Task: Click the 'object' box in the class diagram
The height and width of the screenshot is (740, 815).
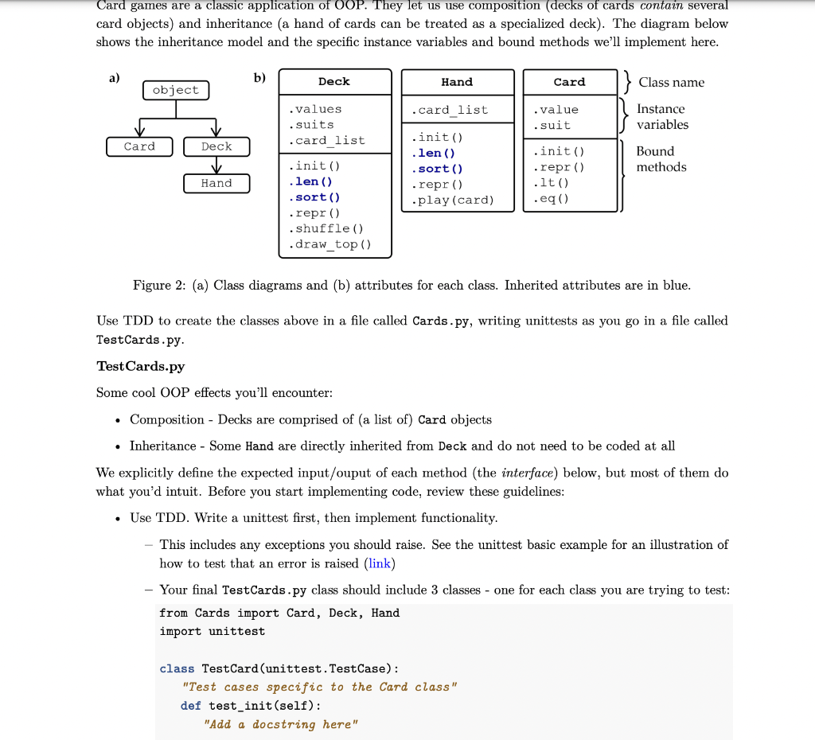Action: pos(176,90)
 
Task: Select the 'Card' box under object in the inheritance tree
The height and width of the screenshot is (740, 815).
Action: pos(139,146)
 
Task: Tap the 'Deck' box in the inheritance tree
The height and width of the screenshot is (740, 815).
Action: pos(216,146)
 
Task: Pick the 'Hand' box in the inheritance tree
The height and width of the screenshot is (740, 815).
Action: pos(216,183)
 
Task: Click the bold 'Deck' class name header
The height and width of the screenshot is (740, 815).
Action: pos(334,82)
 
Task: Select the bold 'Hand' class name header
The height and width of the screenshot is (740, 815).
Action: pos(457,82)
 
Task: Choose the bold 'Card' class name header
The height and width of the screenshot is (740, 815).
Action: pos(569,82)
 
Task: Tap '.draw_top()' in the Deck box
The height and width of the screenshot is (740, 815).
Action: pos(330,244)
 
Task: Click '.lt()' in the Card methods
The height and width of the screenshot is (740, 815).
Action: pos(552,183)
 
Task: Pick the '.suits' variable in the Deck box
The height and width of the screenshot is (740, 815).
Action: pos(311,125)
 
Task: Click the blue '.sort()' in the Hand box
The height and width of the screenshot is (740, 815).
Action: pos(437,169)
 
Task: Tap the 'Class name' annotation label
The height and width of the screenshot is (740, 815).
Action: pos(671,83)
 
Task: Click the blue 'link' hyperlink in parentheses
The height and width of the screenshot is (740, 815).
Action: pos(380,563)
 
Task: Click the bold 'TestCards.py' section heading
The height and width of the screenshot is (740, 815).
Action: pos(140,366)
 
